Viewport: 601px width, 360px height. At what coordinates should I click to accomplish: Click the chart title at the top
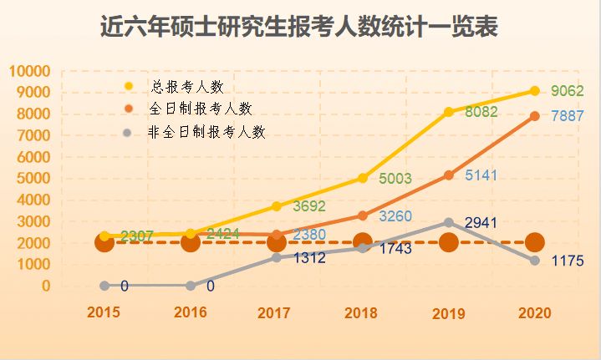pyautogui.click(x=299, y=28)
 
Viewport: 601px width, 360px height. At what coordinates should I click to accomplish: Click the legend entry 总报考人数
pyautogui.click(x=186, y=86)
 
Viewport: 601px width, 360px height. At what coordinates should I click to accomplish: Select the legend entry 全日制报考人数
pyautogui.click(x=200, y=109)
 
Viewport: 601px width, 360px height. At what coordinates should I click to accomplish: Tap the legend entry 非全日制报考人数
pyautogui.click(x=206, y=131)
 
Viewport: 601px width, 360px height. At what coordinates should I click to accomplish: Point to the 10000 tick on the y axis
pyautogui.click(x=29, y=71)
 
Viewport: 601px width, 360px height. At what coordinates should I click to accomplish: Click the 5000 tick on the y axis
pyautogui.click(x=33, y=178)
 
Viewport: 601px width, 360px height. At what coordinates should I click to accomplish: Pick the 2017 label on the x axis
pyautogui.click(x=275, y=313)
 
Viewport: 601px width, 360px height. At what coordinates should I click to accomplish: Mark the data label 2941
pyautogui.click(x=481, y=223)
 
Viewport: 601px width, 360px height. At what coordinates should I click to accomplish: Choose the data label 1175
pyautogui.click(x=568, y=262)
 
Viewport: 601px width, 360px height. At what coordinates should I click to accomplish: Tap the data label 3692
pyautogui.click(x=309, y=206)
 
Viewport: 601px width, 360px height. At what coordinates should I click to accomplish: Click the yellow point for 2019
pyautogui.click(x=449, y=112)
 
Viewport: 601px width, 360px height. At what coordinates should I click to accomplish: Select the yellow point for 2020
pyautogui.click(x=535, y=90)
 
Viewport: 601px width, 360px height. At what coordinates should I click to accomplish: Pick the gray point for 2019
pyautogui.click(x=449, y=222)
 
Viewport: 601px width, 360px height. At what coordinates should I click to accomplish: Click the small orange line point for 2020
pyautogui.click(x=535, y=116)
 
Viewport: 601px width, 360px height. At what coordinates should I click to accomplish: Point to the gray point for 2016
pyautogui.click(x=191, y=286)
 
